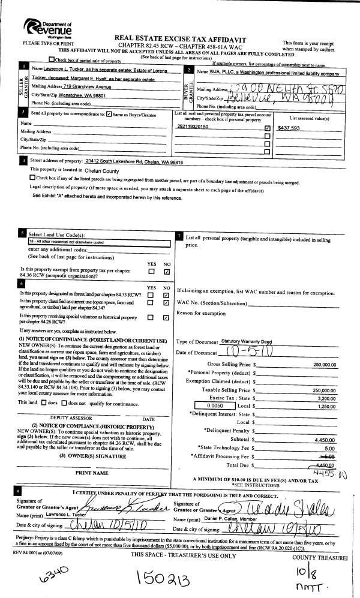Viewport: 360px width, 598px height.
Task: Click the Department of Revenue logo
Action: pos(49,26)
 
